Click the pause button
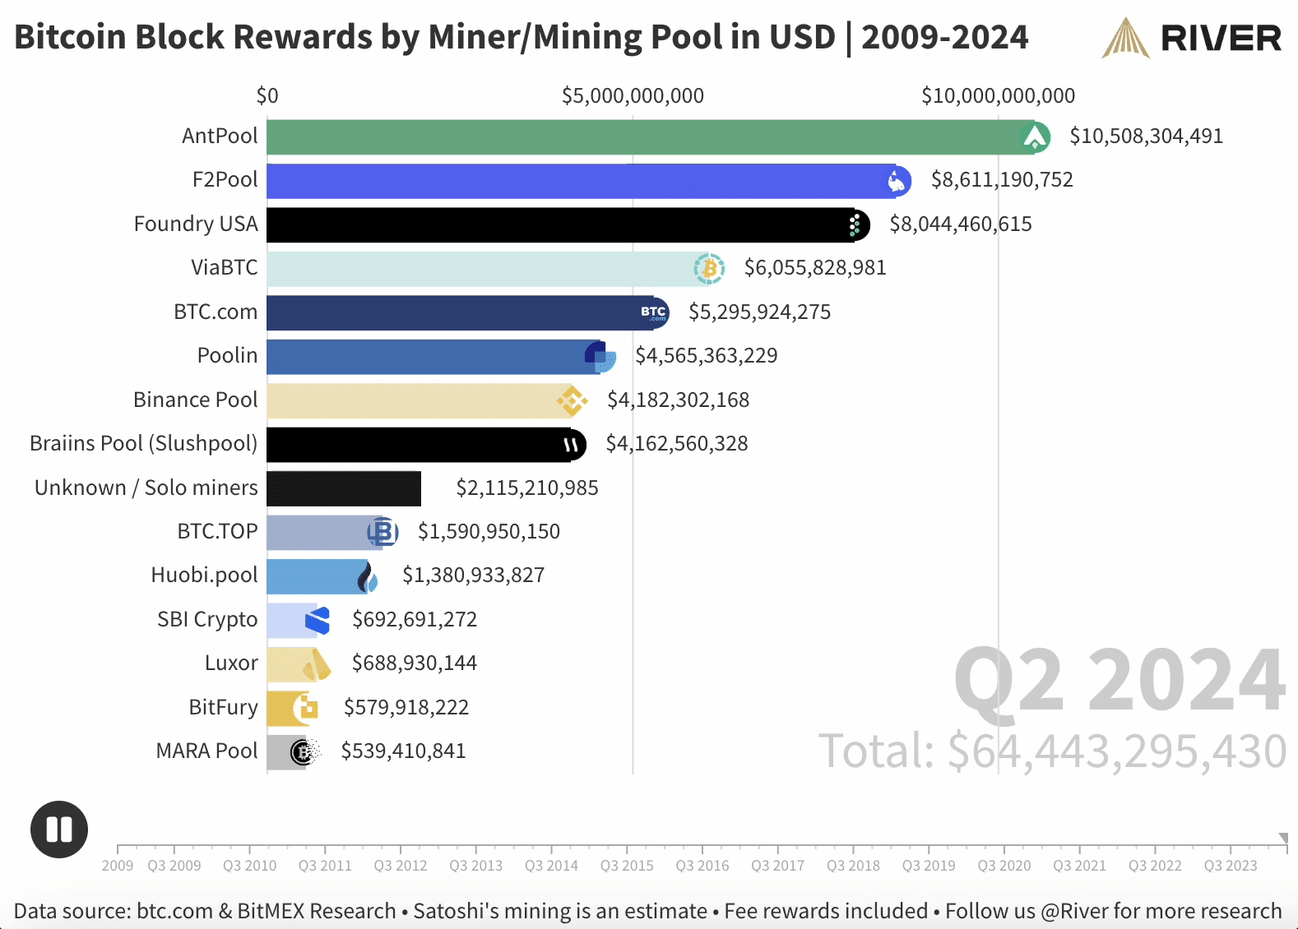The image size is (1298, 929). coord(59,829)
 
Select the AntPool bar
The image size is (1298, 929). coord(642,137)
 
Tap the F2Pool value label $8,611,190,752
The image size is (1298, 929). coord(1001,180)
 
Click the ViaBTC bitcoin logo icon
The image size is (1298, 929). coord(708,268)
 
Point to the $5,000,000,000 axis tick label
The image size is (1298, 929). coord(633,96)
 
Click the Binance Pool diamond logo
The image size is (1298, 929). coord(572,400)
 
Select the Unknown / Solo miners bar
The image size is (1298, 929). coord(344,488)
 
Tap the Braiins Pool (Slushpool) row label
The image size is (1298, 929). coord(144,444)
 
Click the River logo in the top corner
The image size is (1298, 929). coord(1191,38)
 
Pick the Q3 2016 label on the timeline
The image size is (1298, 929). coord(702,866)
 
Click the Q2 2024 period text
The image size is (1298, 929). coord(1119,681)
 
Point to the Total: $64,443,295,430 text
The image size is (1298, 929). coord(1052,751)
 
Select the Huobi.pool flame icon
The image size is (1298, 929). coord(367,576)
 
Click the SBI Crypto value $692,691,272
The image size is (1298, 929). coord(415,620)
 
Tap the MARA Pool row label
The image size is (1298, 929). coord(207,751)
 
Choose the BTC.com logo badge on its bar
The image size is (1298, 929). coord(654,312)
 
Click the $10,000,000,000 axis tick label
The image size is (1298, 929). coord(998,96)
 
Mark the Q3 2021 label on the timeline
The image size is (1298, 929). coord(1079,866)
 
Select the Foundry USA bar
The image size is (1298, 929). coord(559,224)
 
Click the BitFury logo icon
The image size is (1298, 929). coord(305,708)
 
